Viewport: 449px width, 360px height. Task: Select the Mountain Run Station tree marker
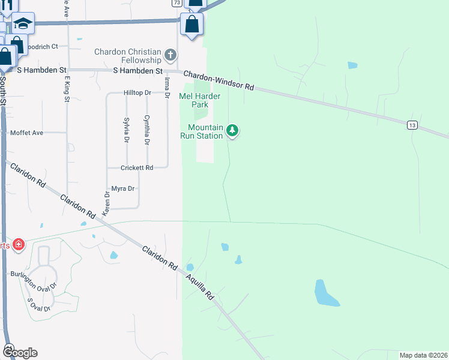[x=232, y=131]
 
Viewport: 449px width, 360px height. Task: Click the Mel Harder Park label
[x=200, y=100]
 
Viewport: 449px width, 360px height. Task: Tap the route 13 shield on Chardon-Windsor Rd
[x=412, y=125]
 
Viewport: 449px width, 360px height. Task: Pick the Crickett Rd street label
[x=137, y=167]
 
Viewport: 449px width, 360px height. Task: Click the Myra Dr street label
[x=122, y=188]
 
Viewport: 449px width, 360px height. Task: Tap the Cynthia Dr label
[x=146, y=130]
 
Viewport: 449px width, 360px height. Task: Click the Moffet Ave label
[x=27, y=132]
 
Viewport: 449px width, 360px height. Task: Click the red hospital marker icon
[x=19, y=244]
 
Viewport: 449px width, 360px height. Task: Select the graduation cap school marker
[x=23, y=24]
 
